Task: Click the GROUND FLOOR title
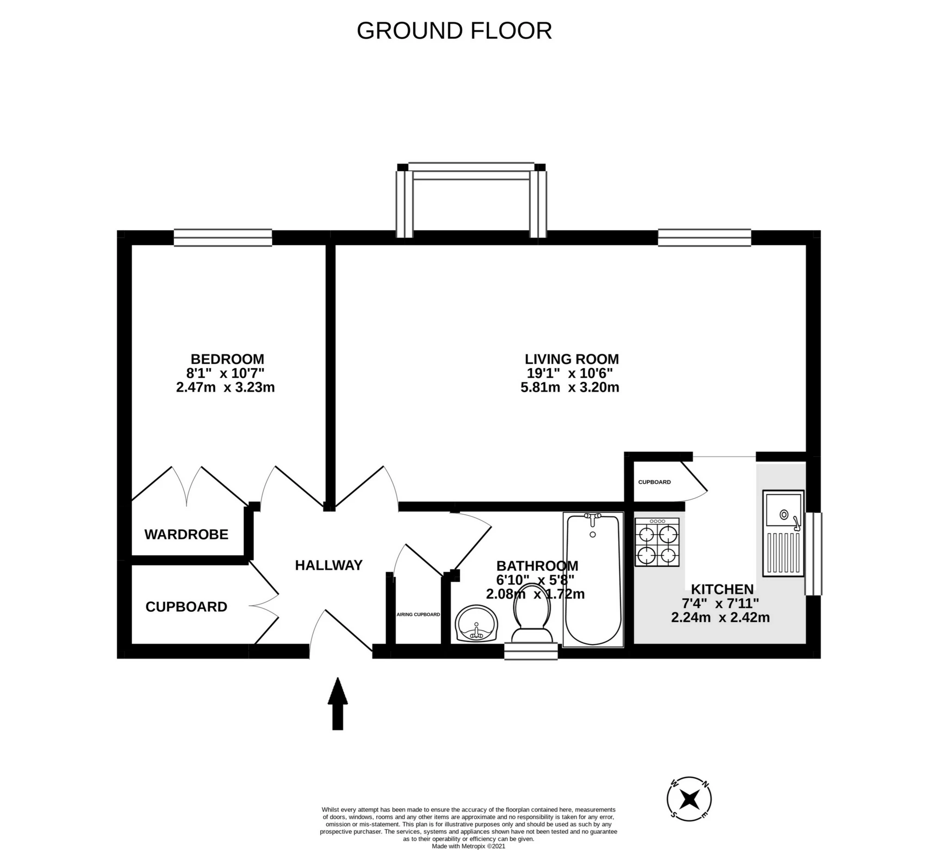tap(454, 31)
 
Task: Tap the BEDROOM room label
tap(227, 359)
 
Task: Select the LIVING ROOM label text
tap(571, 359)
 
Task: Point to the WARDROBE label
tap(186, 535)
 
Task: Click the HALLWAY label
tap(329, 565)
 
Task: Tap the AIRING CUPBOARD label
tap(418, 615)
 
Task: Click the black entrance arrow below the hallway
tap(337, 704)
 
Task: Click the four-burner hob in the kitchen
tap(657, 542)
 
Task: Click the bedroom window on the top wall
tap(223, 237)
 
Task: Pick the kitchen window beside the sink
tap(813, 554)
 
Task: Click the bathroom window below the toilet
tap(531, 651)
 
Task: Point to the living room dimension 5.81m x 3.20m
tap(570, 388)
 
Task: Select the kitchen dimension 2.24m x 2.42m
tap(720, 618)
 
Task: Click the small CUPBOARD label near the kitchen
tap(654, 482)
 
